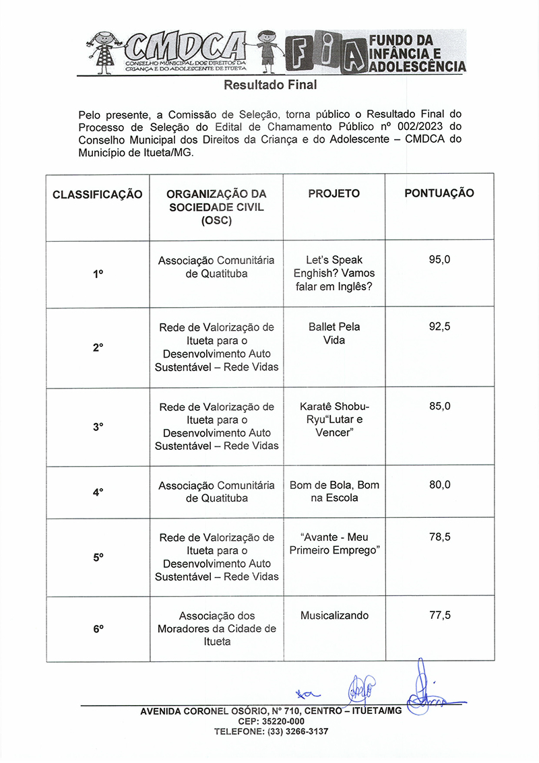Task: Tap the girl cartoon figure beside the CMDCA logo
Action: [x=105, y=52]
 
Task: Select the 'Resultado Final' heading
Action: [x=270, y=86]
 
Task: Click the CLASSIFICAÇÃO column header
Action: [x=98, y=194]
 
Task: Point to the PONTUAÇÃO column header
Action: [x=439, y=193]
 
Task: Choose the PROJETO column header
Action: [x=334, y=193]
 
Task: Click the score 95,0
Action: [x=439, y=259]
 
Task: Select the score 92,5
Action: [x=439, y=327]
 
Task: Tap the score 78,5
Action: [x=439, y=537]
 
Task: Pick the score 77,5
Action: [x=439, y=615]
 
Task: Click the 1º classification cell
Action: [x=98, y=274]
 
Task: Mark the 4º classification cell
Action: [x=98, y=492]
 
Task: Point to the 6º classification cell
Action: [x=98, y=628]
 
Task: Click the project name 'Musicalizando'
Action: [x=334, y=616]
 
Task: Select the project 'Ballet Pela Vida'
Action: [x=334, y=333]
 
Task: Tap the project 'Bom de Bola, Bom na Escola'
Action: [x=334, y=492]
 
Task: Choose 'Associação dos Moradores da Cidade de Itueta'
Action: [x=216, y=628]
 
